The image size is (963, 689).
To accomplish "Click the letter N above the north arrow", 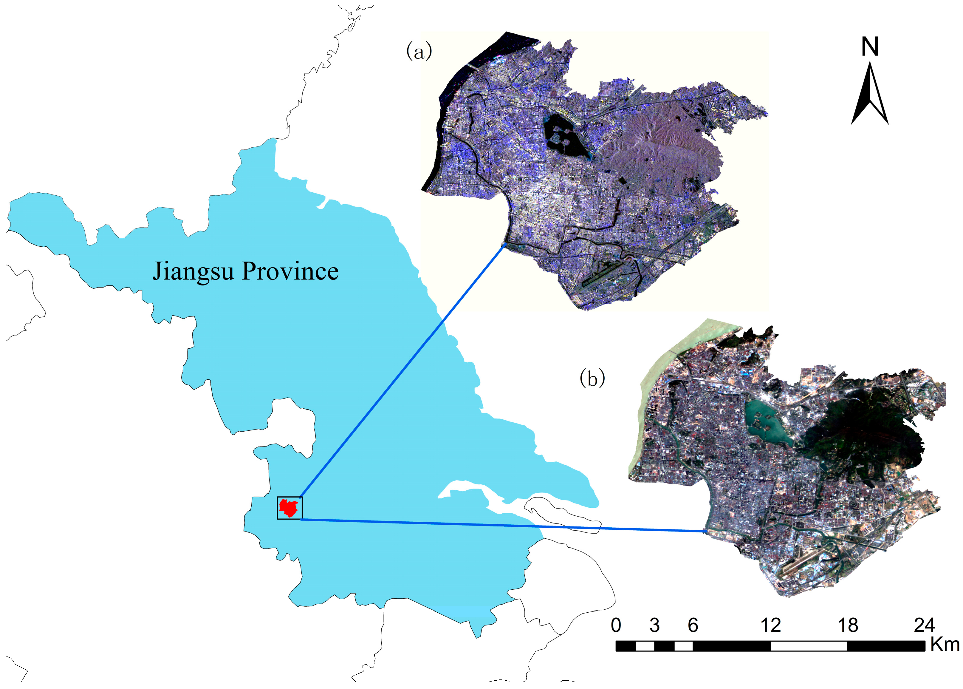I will [869, 47].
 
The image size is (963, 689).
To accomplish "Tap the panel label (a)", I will [419, 52].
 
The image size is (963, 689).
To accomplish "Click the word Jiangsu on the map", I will [193, 271].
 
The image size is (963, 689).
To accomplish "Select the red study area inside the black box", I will [289, 507].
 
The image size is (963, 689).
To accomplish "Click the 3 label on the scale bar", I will [654, 625].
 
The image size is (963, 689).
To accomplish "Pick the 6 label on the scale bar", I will [693, 625].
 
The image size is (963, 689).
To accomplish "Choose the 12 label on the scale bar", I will [770, 625].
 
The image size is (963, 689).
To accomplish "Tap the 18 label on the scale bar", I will [848, 625].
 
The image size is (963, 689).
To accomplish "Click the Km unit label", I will [945, 645].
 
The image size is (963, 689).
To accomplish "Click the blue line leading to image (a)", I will [403, 371].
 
